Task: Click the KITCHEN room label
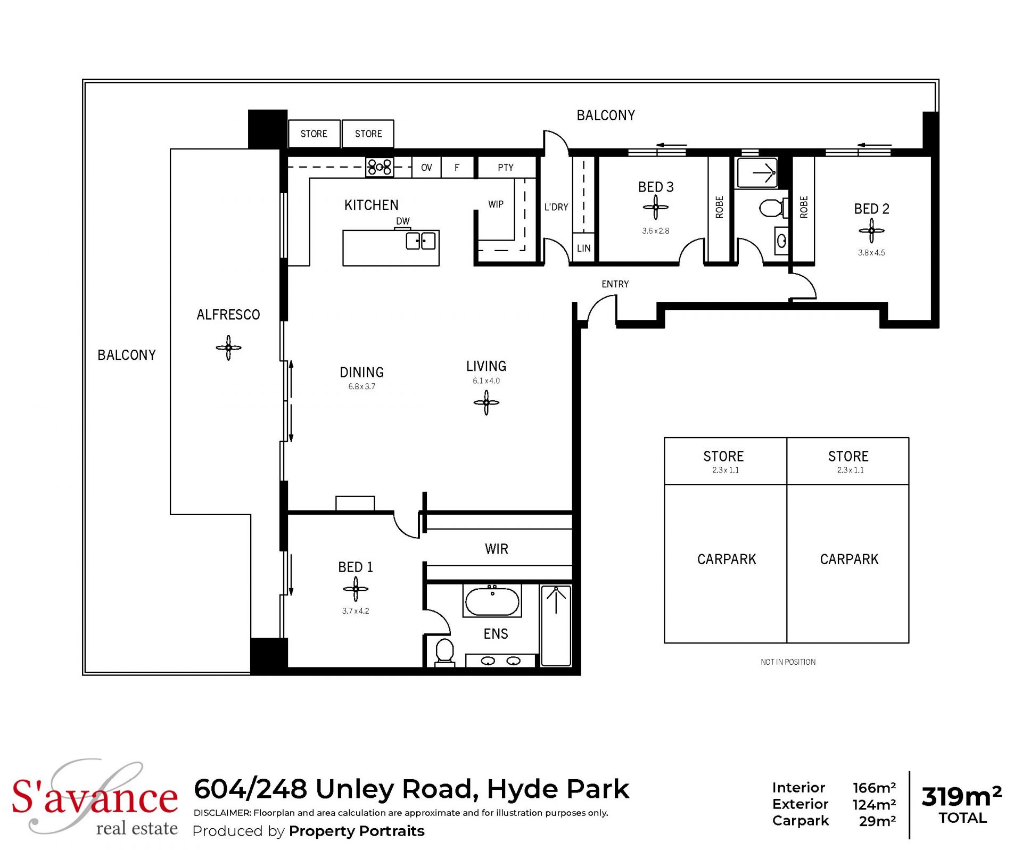(x=371, y=205)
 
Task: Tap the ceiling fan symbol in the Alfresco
(x=228, y=348)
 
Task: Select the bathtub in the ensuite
(x=492, y=601)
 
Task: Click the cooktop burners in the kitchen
(x=380, y=167)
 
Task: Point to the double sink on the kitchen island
(x=421, y=241)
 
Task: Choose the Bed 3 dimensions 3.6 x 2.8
(x=655, y=231)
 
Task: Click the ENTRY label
(x=615, y=284)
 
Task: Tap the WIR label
(x=496, y=549)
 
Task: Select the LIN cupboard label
(x=583, y=248)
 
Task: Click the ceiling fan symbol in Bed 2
(x=871, y=230)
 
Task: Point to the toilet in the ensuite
(x=444, y=653)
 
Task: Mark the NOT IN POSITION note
(x=788, y=662)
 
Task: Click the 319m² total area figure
(x=961, y=796)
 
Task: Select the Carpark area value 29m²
(x=877, y=821)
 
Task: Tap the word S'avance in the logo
(x=95, y=797)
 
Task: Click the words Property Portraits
(x=357, y=831)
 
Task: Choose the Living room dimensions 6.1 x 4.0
(x=486, y=381)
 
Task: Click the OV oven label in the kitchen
(x=426, y=168)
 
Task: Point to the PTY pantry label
(x=506, y=168)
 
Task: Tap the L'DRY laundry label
(x=556, y=207)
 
